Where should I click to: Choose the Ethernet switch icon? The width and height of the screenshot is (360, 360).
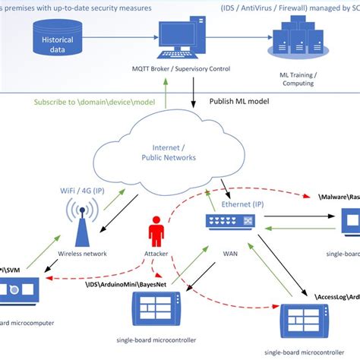230,221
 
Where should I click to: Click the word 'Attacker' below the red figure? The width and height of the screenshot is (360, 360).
156,254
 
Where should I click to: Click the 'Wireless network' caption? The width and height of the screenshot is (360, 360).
83,254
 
